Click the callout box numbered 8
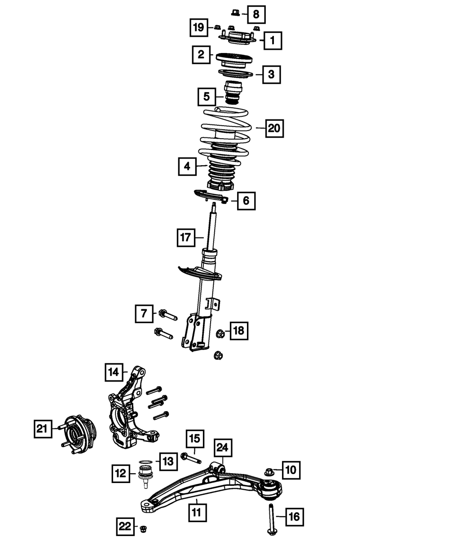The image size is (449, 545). point(256,14)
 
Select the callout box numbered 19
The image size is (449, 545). point(198,27)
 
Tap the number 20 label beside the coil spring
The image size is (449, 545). point(274,129)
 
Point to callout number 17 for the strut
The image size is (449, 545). point(186,237)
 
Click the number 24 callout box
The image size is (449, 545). point(223,447)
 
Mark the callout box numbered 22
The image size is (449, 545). point(125,526)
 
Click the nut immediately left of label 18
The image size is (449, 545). point(220,333)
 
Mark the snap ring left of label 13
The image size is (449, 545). point(145,462)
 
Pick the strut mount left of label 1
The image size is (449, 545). point(237,38)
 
